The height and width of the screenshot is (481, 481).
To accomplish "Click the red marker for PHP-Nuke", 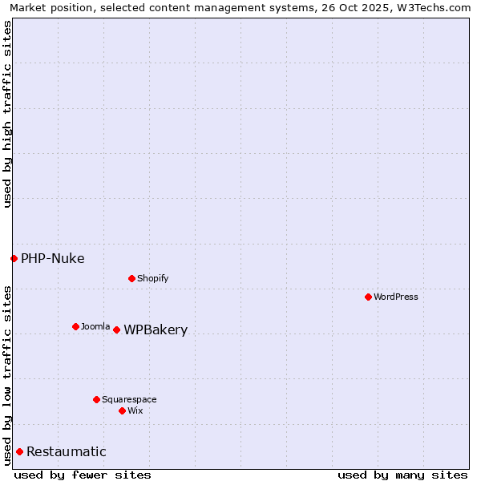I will point(14,258).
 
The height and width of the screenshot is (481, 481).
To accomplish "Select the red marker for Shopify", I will point(131,278).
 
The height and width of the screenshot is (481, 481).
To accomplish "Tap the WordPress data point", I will point(368,297).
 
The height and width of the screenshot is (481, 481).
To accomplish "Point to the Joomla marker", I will point(75,326).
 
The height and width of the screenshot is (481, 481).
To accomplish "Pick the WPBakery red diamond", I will point(116,329).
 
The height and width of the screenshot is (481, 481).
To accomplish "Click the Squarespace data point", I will point(96,399).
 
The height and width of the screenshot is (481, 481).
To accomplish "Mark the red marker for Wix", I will point(122,410).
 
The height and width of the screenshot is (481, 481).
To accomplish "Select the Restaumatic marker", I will point(19,451).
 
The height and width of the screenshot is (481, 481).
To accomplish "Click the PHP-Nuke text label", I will point(53,258).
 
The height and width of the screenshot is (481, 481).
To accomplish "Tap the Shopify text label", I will point(153,278).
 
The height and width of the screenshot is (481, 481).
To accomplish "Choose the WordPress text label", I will point(396,297).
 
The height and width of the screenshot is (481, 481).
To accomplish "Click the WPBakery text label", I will point(156,330).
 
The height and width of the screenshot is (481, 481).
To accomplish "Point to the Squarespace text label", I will point(129,399).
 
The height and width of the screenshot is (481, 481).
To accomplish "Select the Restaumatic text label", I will point(67,452).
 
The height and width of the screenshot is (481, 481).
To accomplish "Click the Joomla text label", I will point(95,326).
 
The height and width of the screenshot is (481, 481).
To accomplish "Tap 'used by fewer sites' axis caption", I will point(83,475).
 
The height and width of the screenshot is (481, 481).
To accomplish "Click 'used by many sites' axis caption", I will point(402,475).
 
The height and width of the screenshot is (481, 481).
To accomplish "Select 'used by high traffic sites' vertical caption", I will point(7,114).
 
